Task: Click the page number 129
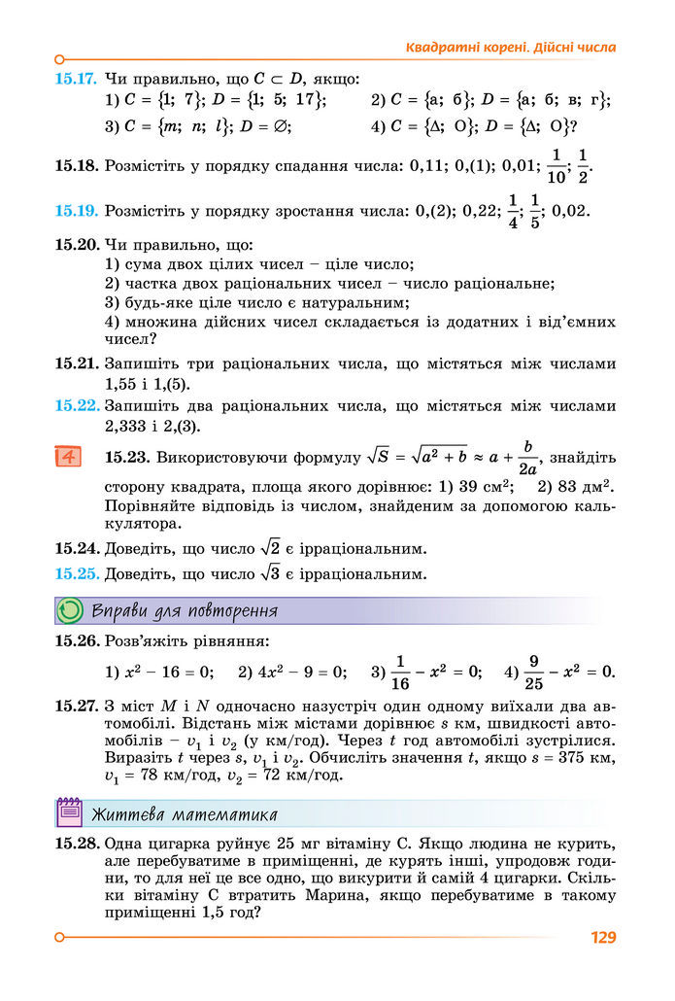click(603, 938)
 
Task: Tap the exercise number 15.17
click(76, 78)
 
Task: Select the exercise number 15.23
click(125, 456)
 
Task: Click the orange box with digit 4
click(68, 457)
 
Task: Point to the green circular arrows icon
click(71, 610)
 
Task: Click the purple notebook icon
click(70, 812)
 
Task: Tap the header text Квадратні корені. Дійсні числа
click(510, 47)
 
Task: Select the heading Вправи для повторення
click(185, 611)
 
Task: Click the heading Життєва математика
click(185, 813)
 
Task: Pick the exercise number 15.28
click(76, 845)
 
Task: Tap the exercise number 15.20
click(76, 245)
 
